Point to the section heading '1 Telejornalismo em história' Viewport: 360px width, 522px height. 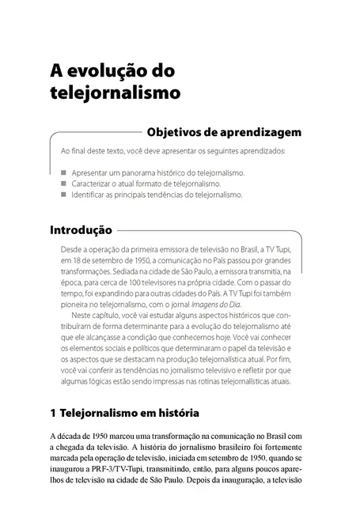tap(123, 413)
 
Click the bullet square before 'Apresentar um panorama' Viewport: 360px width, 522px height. tap(63, 171)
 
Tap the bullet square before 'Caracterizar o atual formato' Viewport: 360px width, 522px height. tap(63, 183)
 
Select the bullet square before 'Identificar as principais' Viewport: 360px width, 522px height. tap(63, 195)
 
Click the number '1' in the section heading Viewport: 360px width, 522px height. tap(52, 413)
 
